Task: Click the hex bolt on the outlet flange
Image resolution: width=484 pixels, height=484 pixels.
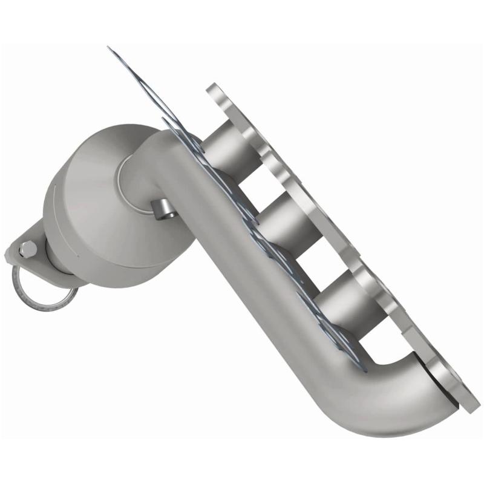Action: [28, 247]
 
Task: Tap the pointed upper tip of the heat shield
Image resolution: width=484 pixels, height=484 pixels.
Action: [110, 48]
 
